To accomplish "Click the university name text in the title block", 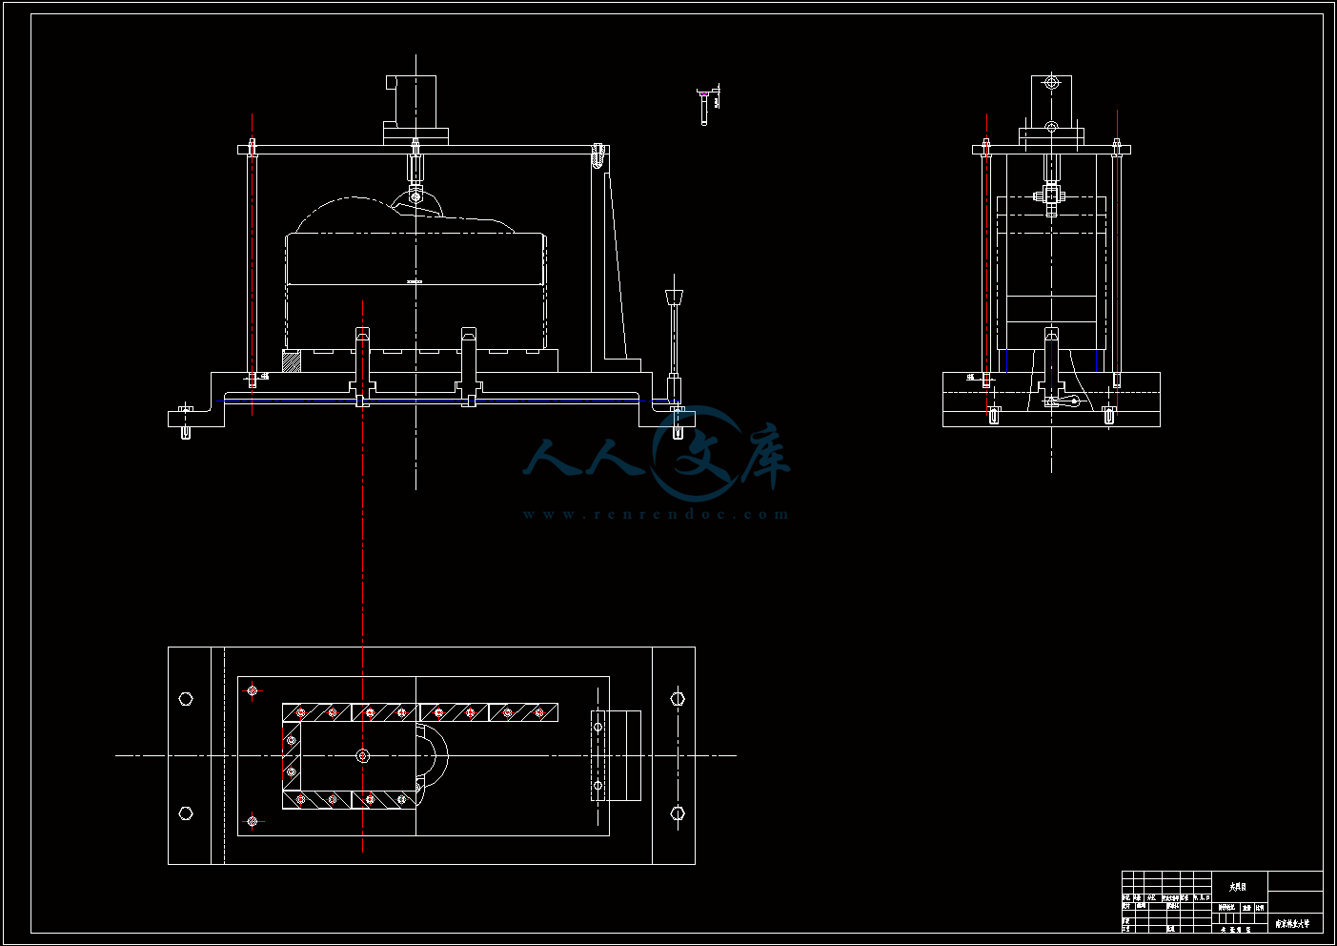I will click(x=1292, y=923).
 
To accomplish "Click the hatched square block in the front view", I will click(x=292, y=361).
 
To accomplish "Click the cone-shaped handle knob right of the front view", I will click(x=675, y=295).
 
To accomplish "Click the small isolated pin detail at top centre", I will click(x=704, y=105).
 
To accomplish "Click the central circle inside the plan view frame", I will click(x=363, y=756).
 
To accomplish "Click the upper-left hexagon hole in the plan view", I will click(x=186, y=699).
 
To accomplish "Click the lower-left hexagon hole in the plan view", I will click(x=186, y=813).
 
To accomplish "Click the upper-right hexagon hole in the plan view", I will click(x=678, y=699).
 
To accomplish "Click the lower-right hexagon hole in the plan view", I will click(x=678, y=813).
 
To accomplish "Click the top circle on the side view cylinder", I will click(x=1051, y=83).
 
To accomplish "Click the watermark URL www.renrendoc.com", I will click(x=656, y=515).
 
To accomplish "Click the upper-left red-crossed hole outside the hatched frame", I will click(x=253, y=690).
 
